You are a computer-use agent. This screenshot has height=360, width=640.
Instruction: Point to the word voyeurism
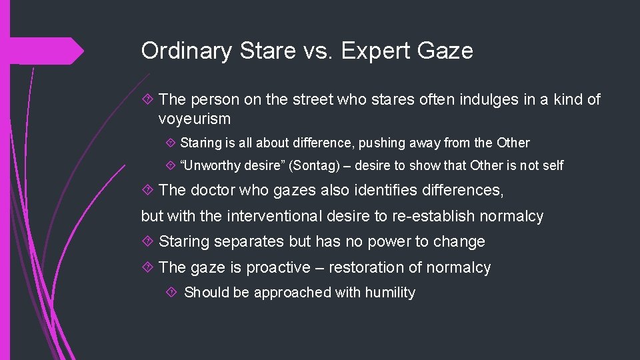pos(195,119)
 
